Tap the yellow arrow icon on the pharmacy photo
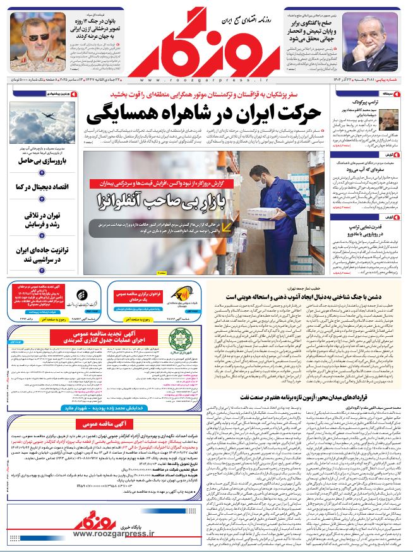(225, 225)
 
